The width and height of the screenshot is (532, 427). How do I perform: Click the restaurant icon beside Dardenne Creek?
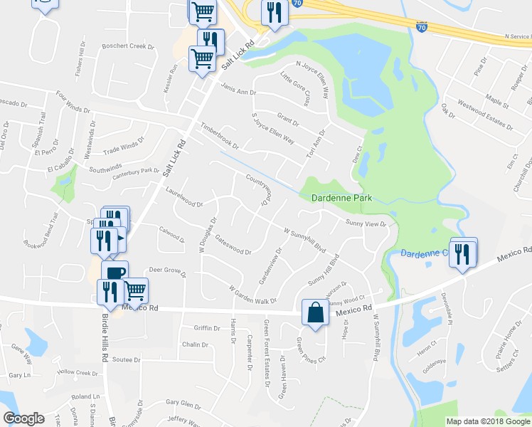[463, 253]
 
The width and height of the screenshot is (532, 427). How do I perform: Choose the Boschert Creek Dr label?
[128, 47]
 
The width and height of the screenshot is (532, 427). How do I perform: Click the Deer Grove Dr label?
[167, 271]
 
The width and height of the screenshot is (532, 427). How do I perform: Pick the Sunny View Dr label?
[366, 223]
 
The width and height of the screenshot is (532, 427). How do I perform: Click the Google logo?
[23, 418]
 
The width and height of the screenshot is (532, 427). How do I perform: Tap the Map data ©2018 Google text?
[487, 421]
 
